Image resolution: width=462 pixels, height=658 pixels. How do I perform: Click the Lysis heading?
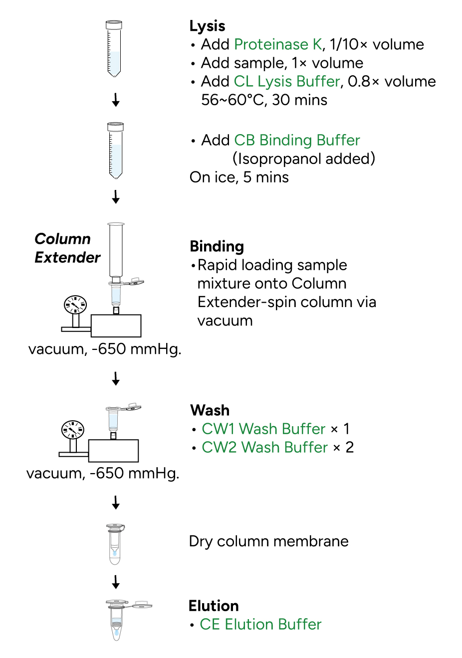click(208, 26)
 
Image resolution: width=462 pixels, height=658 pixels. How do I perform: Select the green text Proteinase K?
click(278, 44)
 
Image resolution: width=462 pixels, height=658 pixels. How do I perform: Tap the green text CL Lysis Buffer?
click(287, 81)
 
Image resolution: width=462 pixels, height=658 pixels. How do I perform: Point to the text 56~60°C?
click(232, 100)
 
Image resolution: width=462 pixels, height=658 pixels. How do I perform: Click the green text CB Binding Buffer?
click(297, 141)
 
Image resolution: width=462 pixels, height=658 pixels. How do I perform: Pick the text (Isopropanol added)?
click(304, 159)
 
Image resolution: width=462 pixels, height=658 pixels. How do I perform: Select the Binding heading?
click(217, 246)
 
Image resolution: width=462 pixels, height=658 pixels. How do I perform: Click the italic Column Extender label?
click(67, 248)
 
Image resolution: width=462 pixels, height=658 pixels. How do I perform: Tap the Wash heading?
click(210, 410)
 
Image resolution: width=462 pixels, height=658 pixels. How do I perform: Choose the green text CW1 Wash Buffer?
click(263, 429)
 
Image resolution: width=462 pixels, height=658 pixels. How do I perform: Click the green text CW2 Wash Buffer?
click(264, 447)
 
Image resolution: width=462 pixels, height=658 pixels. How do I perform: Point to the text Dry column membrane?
click(269, 541)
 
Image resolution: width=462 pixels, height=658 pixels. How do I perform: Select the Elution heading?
click(214, 606)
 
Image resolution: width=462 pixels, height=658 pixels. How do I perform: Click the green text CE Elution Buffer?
click(260, 624)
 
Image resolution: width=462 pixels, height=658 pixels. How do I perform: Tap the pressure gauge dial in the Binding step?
click(75, 305)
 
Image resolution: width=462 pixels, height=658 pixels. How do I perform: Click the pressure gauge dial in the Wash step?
click(73, 430)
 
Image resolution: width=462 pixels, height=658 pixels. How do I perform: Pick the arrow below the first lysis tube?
click(116, 100)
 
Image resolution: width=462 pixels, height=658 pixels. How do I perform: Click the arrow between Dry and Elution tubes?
click(116, 582)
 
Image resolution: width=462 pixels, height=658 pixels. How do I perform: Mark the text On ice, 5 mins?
click(239, 177)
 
